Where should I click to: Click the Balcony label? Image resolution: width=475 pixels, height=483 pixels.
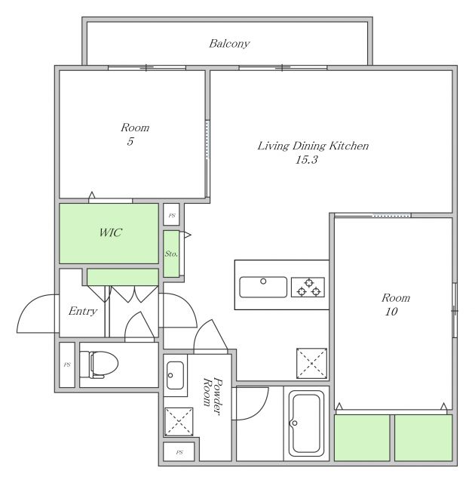tap(229, 44)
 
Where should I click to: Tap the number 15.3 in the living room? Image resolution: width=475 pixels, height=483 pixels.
tap(306, 159)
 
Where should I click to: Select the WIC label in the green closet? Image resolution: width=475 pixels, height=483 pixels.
tap(110, 232)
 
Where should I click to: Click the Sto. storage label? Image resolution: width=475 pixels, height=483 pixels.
tap(171, 254)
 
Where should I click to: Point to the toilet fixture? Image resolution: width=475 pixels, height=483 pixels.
tap(99, 365)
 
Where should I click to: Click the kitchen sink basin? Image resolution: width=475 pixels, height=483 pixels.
tap(263, 287)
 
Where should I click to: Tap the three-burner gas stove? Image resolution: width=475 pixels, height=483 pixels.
tap(308, 287)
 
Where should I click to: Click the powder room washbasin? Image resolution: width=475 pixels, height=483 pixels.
tap(175, 375)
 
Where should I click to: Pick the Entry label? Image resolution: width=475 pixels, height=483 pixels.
tap(83, 311)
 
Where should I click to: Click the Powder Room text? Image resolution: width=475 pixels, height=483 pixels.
tap(213, 396)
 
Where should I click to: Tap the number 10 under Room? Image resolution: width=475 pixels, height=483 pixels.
tap(391, 312)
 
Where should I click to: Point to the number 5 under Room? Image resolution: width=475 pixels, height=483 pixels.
tap(130, 141)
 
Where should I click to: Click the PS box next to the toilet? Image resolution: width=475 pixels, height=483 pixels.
tap(67, 365)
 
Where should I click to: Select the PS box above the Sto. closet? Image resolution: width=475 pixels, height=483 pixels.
tap(171, 215)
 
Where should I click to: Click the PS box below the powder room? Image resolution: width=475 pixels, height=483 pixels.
tap(179, 452)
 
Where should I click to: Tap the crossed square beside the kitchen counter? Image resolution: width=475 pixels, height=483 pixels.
tap(311, 364)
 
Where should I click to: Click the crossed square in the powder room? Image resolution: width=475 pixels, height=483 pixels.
tap(179, 422)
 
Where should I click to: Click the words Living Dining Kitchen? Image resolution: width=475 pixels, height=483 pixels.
tap(313, 146)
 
